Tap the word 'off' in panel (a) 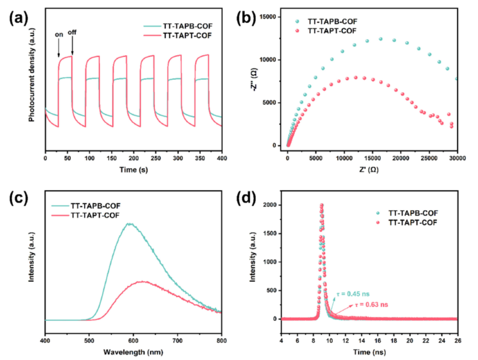coord(72,35)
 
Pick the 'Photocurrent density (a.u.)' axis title coord(31,82)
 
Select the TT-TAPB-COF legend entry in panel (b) coord(332,21)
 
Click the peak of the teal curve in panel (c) coord(129,224)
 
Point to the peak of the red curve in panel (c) coord(143,281)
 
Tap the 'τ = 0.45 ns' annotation coord(353,295)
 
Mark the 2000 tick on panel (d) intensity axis coord(274,206)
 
